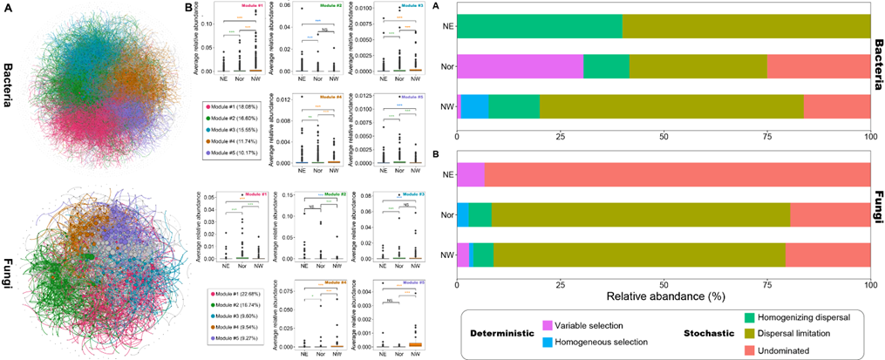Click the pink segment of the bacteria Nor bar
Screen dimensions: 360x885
point(520,66)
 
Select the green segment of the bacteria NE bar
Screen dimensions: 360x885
point(539,26)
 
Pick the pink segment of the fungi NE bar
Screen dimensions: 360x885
point(471,174)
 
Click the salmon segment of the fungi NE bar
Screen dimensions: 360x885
point(677,174)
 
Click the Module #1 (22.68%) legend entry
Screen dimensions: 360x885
point(237,297)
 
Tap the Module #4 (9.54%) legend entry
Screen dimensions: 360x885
point(235,334)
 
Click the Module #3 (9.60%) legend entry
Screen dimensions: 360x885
point(235,322)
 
